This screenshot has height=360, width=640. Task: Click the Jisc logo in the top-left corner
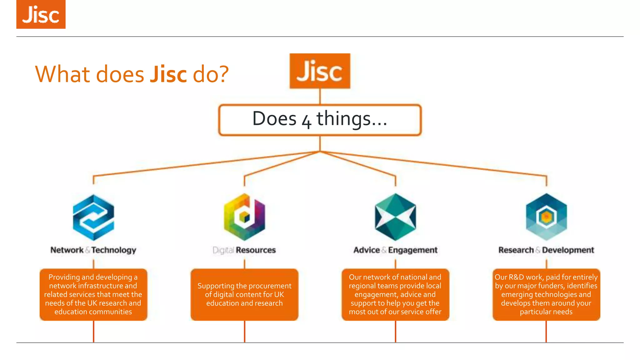pos(41,14)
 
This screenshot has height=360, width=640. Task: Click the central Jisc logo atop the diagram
pos(320,71)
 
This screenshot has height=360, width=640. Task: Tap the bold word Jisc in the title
pos(168,74)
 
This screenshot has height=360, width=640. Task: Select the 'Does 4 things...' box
pos(320,120)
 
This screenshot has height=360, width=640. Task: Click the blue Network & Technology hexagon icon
pos(93,217)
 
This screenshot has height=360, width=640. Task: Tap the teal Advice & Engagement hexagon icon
pos(395,217)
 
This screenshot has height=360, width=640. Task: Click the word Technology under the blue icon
pos(114,250)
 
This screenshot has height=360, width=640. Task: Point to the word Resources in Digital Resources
pos(256,250)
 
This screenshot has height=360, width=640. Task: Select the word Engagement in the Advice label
pos(412,250)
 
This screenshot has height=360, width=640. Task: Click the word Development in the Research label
pos(568,250)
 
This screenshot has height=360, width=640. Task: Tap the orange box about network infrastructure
pos(93,294)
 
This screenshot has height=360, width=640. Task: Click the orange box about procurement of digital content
pos(244,294)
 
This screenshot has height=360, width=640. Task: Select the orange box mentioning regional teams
pos(395,294)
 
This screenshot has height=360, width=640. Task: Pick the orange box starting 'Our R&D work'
pos(546,294)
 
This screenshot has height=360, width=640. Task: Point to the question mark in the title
pos(223,74)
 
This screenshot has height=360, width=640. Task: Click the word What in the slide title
pos(62,74)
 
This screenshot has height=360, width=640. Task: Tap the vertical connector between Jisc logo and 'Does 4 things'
pos(320,97)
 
